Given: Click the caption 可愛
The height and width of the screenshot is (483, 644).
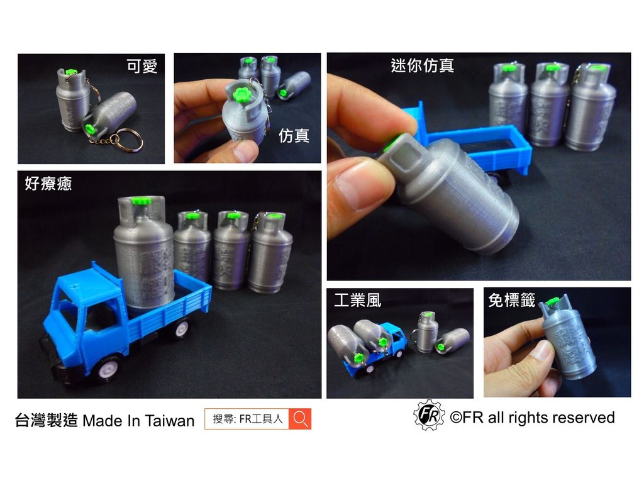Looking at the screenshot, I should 142,67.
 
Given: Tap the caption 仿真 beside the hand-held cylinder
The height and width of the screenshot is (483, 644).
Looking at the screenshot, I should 294,135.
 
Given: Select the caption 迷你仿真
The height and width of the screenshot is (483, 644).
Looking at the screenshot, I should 422,65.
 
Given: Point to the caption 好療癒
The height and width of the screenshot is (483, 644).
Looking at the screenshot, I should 48,184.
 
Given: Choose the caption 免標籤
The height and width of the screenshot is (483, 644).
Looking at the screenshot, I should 511,301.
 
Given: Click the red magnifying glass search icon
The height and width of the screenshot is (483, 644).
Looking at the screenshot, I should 300,419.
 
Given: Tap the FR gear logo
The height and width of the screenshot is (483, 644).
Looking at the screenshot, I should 429,415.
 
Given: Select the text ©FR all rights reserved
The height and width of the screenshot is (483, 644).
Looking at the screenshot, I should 532,418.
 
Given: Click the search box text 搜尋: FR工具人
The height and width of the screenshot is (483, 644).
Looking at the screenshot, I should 248,419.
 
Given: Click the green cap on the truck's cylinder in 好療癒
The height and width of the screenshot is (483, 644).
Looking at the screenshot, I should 143,201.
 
